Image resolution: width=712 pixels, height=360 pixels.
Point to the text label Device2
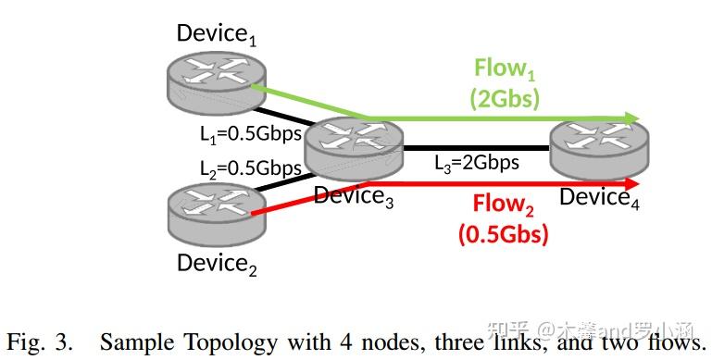click(217, 264)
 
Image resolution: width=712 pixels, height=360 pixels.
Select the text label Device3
click(354, 196)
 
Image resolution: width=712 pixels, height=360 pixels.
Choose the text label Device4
click(599, 197)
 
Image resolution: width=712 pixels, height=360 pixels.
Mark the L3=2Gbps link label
click(477, 163)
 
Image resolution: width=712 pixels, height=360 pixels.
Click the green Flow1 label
click(505, 68)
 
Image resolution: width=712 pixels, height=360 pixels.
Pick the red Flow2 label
click(505, 204)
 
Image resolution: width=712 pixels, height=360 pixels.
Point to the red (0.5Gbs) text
click(503, 233)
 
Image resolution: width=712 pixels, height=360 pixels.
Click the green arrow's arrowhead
click(633, 119)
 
